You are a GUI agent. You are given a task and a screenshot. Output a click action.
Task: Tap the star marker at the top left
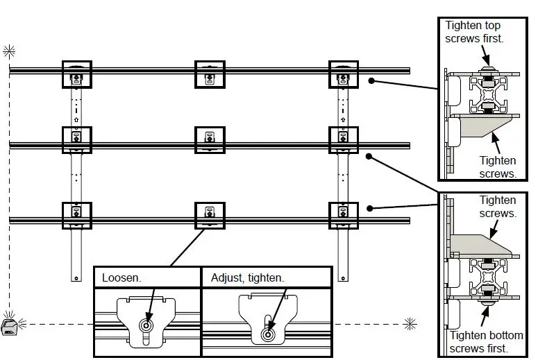tap(9, 50)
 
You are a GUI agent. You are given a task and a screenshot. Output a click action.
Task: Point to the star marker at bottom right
tap(410, 323)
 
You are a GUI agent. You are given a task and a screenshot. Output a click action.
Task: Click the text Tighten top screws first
tap(474, 32)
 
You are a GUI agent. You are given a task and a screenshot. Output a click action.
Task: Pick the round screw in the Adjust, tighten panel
tap(267, 334)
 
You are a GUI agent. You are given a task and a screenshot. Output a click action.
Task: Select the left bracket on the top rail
tap(76, 74)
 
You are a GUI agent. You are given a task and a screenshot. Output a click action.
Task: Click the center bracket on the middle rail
tap(210, 140)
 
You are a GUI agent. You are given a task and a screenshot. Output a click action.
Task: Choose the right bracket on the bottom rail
tap(343, 216)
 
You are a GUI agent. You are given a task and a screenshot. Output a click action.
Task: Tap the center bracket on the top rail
tap(210, 74)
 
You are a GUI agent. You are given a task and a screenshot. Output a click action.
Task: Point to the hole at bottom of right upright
tap(342, 277)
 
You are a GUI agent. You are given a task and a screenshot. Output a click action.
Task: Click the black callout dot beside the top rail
tap(371, 81)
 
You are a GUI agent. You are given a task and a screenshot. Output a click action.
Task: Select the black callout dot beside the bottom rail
tap(371, 207)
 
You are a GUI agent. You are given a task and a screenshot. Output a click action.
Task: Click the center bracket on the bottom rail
tap(210, 216)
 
